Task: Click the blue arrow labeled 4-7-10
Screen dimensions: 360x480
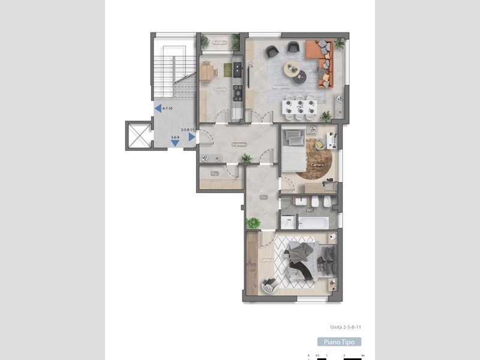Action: click(x=158, y=109)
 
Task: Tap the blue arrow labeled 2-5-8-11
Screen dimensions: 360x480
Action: click(x=191, y=137)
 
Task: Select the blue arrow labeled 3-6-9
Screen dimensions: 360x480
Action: click(x=174, y=143)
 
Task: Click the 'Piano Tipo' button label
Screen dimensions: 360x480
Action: click(x=340, y=342)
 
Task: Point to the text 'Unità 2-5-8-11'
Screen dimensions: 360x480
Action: click(x=349, y=327)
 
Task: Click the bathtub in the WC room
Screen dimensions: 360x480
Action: click(x=313, y=223)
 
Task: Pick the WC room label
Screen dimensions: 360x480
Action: click(x=310, y=210)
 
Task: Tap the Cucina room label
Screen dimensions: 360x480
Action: click(x=221, y=89)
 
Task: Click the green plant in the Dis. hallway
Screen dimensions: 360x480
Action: click(x=254, y=223)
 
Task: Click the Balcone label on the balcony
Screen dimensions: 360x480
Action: click(x=220, y=43)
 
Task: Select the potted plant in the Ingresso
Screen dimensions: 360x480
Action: click(x=246, y=158)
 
